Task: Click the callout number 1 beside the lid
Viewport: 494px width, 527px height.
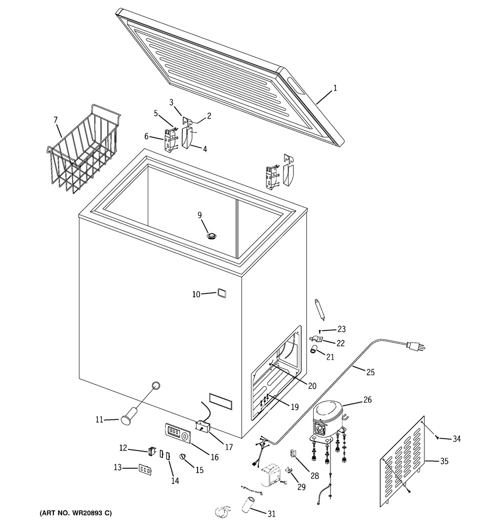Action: [334, 89]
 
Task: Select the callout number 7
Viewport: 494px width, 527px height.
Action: [55, 120]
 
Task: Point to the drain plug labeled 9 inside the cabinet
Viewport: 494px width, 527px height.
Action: [212, 236]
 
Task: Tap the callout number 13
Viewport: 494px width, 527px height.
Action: [117, 467]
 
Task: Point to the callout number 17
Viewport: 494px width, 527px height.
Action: [229, 447]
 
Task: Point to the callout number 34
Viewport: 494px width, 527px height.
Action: [456, 439]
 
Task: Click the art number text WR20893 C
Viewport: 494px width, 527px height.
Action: [76, 513]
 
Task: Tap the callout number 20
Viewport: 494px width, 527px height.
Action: [312, 386]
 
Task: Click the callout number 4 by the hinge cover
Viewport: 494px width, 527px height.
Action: [205, 148]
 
